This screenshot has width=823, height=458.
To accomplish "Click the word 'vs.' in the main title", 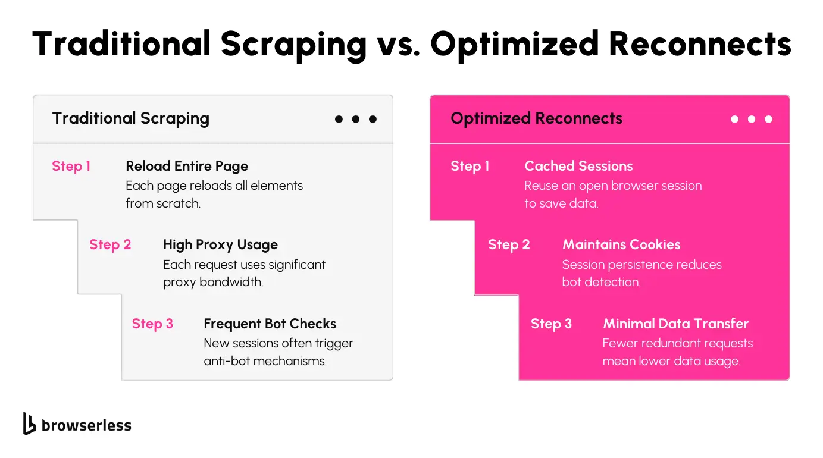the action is click(398, 45).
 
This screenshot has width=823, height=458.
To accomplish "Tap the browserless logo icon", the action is click(29, 424).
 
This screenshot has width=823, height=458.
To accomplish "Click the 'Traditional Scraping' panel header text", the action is click(131, 118).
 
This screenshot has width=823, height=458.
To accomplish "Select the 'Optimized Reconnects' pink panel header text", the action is click(536, 118).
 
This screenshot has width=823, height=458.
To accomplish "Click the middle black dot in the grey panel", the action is click(356, 119).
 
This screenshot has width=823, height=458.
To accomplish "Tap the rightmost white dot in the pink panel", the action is click(768, 119).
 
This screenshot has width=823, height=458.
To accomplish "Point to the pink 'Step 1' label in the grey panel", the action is click(71, 167).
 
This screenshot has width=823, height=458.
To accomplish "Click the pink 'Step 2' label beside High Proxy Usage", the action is click(110, 245).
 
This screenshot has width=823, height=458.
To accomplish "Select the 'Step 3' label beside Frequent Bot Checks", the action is click(152, 324).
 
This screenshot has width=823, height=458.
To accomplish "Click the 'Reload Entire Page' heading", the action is click(187, 167).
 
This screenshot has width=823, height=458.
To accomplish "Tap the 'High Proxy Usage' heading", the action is click(220, 245).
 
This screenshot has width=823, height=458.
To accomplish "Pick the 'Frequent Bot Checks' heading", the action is click(270, 324).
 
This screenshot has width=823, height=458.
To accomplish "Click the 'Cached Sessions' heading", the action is click(578, 166).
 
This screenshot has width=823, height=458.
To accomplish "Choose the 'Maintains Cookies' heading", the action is click(621, 244).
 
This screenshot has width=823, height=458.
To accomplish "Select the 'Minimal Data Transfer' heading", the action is click(675, 324).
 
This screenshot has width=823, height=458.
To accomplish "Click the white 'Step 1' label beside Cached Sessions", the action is click(470, 167).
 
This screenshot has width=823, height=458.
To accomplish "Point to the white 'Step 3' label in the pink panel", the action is click(551, 324).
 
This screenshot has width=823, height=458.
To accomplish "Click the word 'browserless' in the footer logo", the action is click(86, 425).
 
